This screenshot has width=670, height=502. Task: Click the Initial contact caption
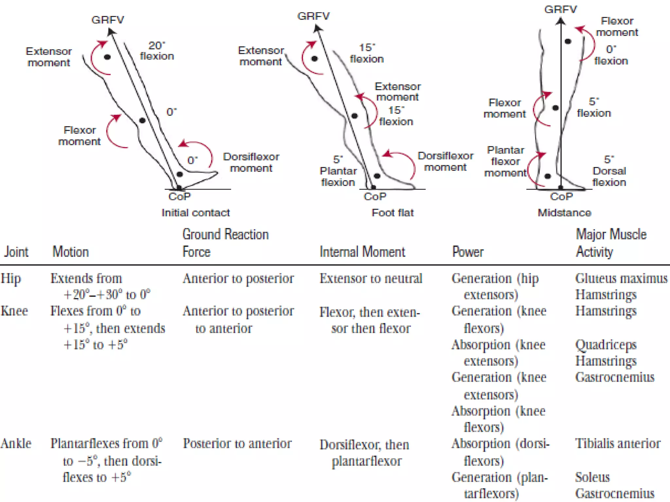(x=196, y=213)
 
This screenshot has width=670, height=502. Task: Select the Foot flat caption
(x=393, y=213)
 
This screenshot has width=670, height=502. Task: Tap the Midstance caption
(x=564, y=213)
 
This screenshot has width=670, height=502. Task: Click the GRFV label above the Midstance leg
(x=560, y=9)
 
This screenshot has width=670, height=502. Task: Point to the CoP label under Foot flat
(x=375, y=196)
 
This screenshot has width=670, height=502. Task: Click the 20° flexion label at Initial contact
(x=157, y=51)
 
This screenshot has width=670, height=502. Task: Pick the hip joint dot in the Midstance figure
(x=568, y=42)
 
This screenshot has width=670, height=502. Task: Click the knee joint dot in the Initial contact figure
(x=142, y=121)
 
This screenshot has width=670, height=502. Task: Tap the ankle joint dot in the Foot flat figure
(x=377, y=176)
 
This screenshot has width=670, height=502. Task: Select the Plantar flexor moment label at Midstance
(x=505, y=161)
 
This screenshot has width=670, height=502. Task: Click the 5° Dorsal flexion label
(x=609, y=171)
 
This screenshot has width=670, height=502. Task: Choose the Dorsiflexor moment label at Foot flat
(x=445, y=161)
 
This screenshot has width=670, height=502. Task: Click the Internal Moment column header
(x=362, y=252)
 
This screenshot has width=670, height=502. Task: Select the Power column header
(x=467, y=252)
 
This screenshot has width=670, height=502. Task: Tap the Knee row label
(x=14, y=311)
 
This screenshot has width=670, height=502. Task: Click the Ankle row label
(x=16, y=443)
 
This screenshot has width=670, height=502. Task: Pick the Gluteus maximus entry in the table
(x=621, y=278)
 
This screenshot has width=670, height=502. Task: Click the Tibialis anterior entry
(x=618, y=443)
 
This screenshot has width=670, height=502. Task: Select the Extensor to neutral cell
(x=371, y=278)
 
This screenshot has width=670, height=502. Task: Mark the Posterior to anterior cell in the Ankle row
(x=237, y=443)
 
